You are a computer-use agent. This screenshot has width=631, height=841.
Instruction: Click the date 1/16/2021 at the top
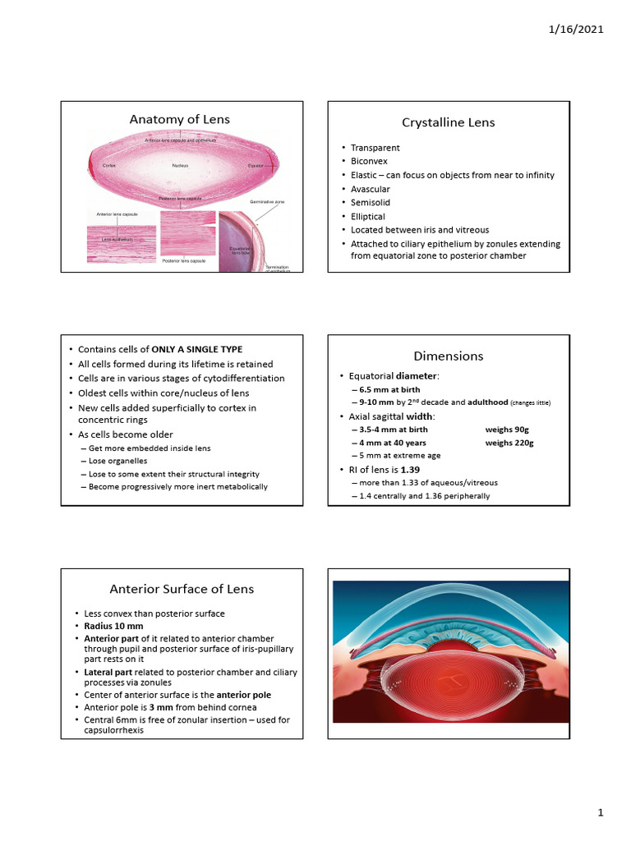click(575, 30)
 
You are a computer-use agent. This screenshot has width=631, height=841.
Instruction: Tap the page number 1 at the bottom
click(601, 813)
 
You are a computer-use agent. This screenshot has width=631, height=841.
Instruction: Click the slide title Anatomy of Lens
click(180, 119)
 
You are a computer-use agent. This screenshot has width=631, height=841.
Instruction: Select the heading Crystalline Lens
click(448, 122)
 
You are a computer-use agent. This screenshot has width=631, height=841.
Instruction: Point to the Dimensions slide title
click(448, 356)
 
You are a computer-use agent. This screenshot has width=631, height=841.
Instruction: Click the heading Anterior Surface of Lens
click(182, 589)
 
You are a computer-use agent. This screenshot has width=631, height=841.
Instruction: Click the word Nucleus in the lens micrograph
click(181, 166)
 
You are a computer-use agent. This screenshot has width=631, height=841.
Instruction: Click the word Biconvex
click(369, 161)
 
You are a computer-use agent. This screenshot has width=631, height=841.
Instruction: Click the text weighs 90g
click(507, 430)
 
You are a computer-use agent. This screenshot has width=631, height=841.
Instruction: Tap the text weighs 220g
click(509, 443)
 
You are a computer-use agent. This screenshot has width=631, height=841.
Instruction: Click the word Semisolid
click(369, 202)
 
